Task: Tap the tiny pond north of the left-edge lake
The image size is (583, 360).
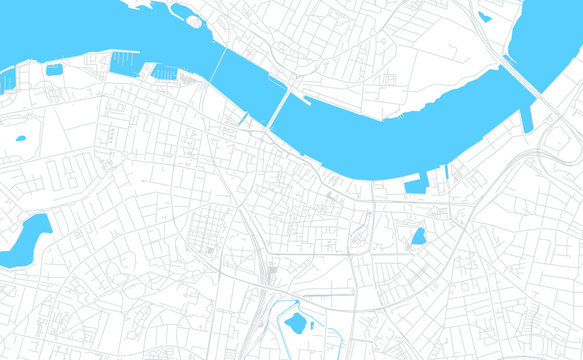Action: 19,138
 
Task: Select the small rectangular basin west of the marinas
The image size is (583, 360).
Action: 53,70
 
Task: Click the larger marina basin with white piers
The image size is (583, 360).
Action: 125,64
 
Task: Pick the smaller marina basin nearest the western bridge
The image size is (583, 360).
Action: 165,72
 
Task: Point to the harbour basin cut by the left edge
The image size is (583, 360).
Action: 7,79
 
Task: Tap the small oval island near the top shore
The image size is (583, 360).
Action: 189,19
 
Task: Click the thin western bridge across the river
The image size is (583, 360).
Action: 217,68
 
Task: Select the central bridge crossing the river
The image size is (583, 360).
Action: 278,107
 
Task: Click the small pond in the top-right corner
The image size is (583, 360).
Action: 485,16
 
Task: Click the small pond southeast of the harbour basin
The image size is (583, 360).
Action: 418,236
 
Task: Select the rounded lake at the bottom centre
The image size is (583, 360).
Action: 295,323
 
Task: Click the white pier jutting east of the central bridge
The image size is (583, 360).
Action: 303,100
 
